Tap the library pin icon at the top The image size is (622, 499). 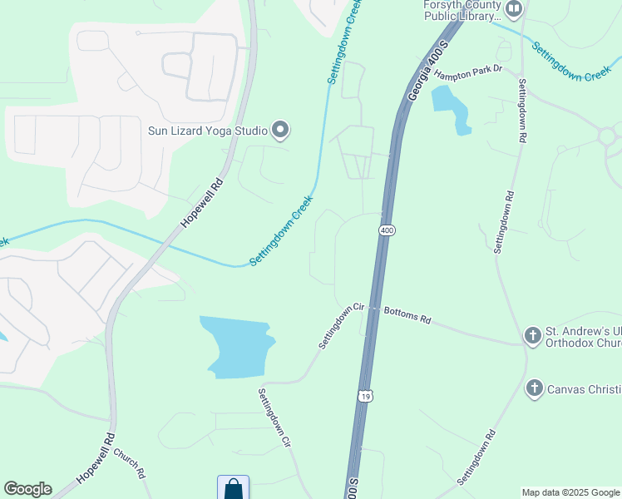pos(514,9)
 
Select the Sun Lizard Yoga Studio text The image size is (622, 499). pos(207,130)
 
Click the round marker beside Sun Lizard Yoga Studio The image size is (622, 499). pos(281,129)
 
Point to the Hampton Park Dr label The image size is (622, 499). pos(469,70)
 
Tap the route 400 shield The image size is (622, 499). pos(386,229)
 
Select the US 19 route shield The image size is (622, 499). pos(365,396)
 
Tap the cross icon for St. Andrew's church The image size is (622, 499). pos(532,336)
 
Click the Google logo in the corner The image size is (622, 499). pos(27,489)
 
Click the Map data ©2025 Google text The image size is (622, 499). pos(570,492)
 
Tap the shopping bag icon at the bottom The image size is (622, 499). pos(233,489)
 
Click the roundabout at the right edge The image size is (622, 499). pos(610,135)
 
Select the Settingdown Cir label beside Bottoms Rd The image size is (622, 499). pos(342,326)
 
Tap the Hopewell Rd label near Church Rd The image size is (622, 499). pos(95,458)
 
